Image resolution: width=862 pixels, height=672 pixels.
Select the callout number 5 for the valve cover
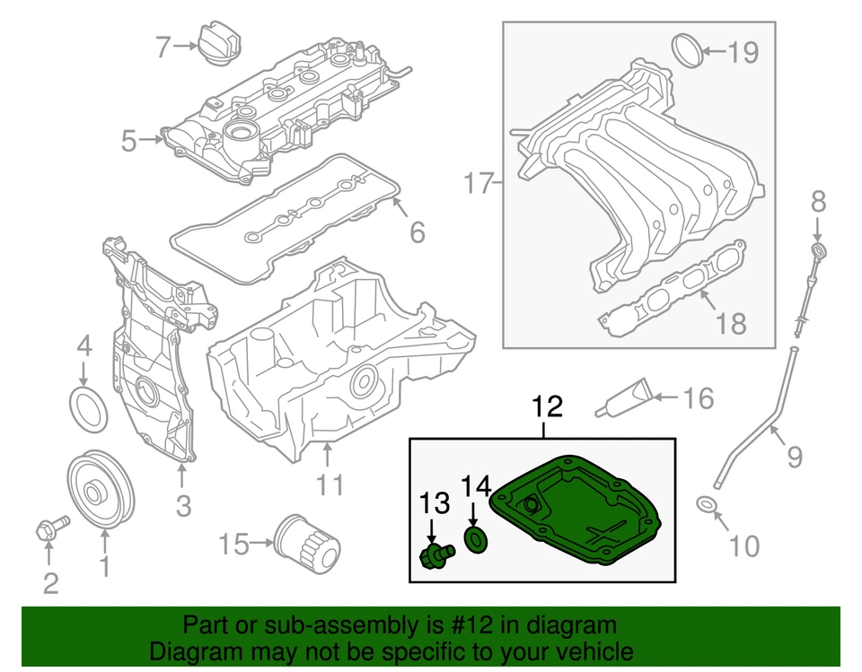pos(129,142)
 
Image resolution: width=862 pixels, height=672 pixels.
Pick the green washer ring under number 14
pos(475,539)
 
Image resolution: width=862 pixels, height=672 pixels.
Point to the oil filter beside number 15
pos(308,542)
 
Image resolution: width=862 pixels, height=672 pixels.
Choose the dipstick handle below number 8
pos(816,249)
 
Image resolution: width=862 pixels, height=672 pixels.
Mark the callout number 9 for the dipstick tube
pos(794,459)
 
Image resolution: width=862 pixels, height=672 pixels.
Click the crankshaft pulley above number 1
pos(101,492)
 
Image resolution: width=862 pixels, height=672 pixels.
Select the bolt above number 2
pos(50,529)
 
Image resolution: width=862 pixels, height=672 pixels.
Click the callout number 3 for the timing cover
pos(183,506)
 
